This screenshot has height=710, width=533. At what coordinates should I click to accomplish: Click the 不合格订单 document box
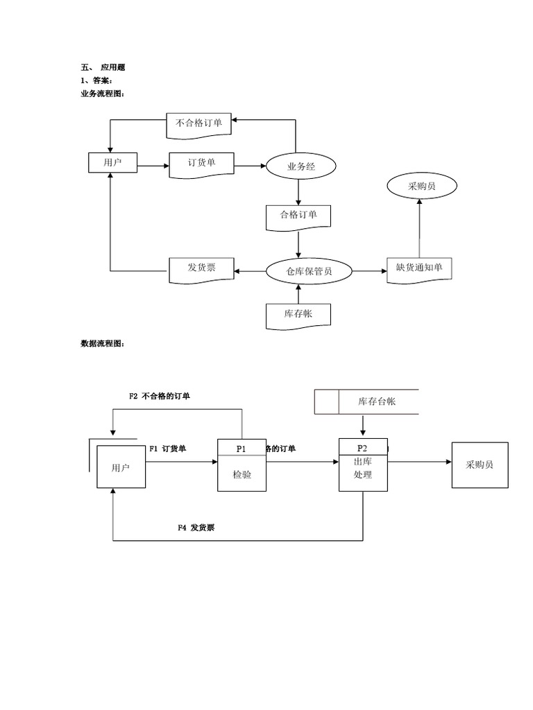[198, 124]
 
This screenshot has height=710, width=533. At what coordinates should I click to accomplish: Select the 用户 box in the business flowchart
[112, 163]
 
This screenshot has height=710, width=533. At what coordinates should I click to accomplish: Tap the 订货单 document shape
[201, 164]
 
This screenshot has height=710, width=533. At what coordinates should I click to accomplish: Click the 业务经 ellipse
[301, 166]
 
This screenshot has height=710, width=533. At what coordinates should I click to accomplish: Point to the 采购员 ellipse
[422, 186]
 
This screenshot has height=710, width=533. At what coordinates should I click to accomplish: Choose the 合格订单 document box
[298, 216]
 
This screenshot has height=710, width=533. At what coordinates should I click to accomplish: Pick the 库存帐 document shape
[298, 315]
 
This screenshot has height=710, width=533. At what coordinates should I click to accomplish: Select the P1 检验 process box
[242, 465]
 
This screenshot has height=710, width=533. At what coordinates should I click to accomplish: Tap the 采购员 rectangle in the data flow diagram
[480, 465]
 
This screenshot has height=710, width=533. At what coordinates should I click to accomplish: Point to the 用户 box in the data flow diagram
[121, 468]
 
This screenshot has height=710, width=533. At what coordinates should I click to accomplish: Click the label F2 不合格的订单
[160, 397]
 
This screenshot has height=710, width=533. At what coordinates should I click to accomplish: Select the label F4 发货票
[196, 528]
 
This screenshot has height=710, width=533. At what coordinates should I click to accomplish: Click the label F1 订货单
[167, 449]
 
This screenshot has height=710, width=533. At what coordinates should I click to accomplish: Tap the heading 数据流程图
[103, 343]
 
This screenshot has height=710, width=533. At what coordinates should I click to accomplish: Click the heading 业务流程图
[103, 94]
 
